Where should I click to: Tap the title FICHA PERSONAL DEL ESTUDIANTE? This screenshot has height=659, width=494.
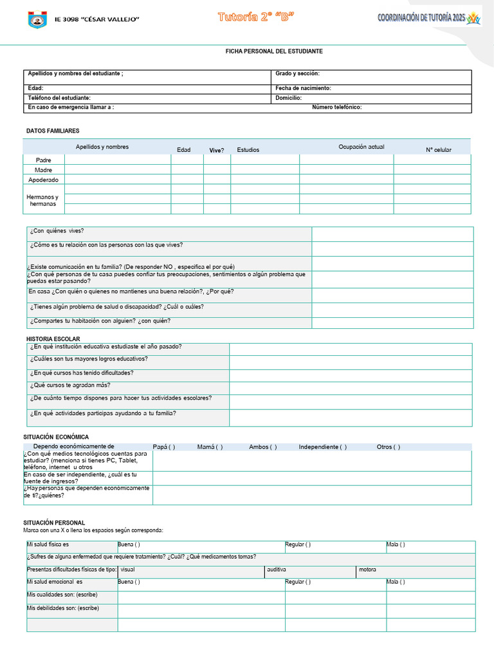[x=274, y=51]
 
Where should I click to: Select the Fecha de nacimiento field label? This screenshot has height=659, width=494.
[x=303, y=88]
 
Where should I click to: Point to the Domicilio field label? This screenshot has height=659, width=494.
[x=289, y=98]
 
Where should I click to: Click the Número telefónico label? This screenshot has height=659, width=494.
[x=336, y=107]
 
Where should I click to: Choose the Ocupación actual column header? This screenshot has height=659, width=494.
[x=361, y=147]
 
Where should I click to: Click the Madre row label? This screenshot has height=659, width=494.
[x=44, y=170]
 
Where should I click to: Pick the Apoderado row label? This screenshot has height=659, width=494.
[x=44, y=180]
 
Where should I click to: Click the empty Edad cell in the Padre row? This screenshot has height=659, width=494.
[x=187, y=160]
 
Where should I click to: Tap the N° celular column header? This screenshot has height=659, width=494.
[x=438, y=150]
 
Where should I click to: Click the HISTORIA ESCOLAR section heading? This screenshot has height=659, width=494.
[x=53, y=339]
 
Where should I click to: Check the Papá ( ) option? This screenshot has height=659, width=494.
[x=164, y=447]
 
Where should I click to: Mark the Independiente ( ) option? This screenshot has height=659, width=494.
[x=322, y=447]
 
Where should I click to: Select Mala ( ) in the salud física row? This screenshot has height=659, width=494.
[x=396, y=544]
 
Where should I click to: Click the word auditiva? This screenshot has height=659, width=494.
[x=277, y=570]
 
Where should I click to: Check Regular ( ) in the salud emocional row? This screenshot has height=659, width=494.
[x=298, y=582]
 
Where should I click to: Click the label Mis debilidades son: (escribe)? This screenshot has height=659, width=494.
[x=62, y=608]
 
